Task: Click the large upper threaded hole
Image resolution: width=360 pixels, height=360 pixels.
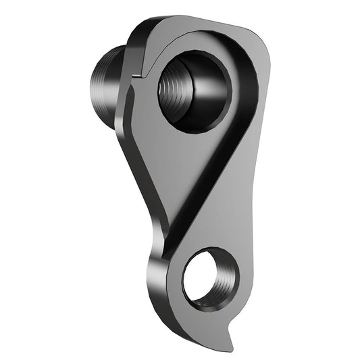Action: coord(194,90)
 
